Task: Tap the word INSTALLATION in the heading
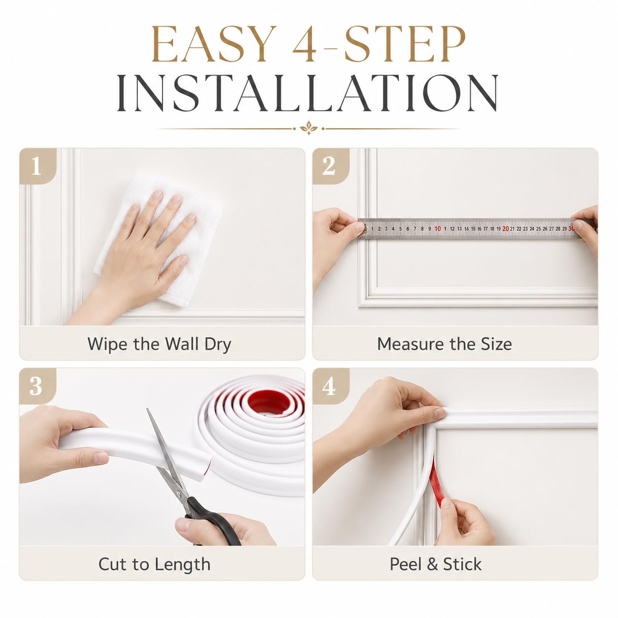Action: click(308, 93)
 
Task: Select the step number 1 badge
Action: click(38, 166)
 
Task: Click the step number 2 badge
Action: click(331, 166)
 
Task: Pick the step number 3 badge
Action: click(38, 386)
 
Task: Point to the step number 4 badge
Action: click(331, 386)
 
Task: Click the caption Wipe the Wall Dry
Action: click(159, 344)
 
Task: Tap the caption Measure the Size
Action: click(445, 344)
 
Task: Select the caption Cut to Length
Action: click(154, 564)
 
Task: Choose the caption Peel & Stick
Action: click(436, 564)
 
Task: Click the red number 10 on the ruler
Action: click(438, 229)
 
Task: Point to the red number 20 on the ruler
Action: click(506, 229)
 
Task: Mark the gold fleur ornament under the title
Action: click(309, 128)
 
